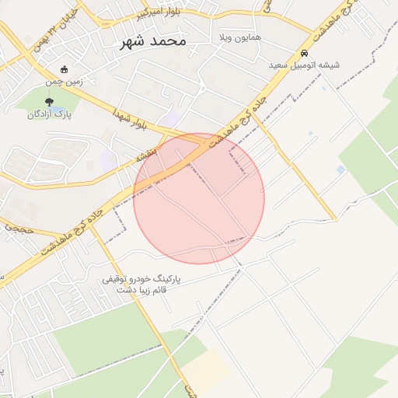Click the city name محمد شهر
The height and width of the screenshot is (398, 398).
click(153, 41)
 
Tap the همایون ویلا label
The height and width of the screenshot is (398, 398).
click(239, 37)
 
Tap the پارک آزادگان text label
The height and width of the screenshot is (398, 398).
click(49, 114)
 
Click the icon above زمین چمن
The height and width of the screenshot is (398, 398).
click(64, 68)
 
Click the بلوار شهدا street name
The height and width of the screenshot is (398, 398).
click(128, 118)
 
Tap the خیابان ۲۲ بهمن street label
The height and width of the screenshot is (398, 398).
click(55, 32)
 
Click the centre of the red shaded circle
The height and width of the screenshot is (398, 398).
click(199, 198)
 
